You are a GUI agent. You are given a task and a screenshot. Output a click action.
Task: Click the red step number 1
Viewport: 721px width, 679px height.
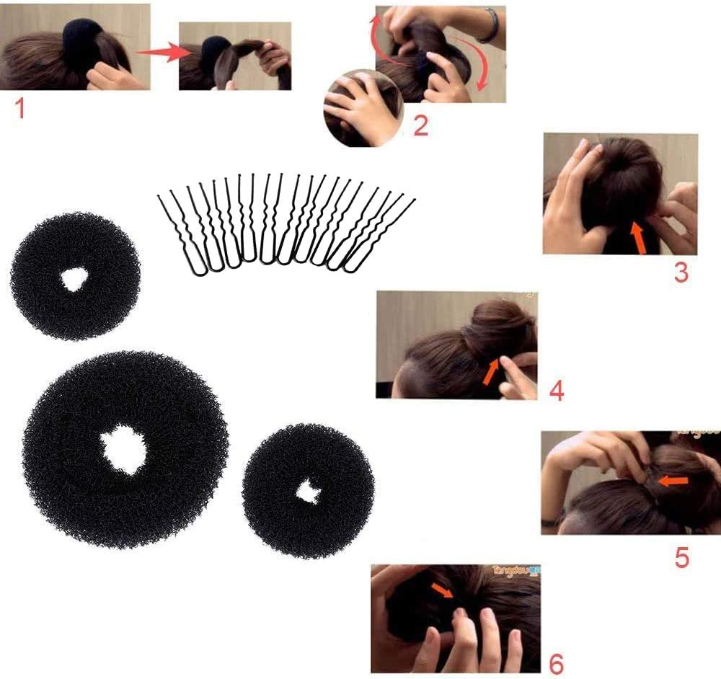click(x=20, y=109)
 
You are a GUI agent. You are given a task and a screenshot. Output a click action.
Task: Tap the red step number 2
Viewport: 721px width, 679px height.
click(x=420, y=125)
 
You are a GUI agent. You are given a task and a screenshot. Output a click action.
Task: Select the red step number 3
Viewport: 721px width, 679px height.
click(x=681, y=273)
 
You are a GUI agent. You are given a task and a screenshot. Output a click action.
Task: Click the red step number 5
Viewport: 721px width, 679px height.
click(x=681, y=556)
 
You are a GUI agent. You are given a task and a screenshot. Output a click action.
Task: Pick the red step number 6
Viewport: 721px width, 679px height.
click(x=556, y=662)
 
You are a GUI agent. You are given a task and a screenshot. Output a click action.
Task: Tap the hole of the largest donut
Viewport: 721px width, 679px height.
click(x=123, y=450)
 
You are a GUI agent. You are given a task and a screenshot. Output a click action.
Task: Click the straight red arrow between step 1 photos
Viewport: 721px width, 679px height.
click(x=158, y=52)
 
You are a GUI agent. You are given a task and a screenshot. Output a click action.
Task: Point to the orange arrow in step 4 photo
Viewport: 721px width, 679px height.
click(x=492, y=370)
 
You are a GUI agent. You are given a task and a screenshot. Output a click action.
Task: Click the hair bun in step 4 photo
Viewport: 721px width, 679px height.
click(x=497, y=329)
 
